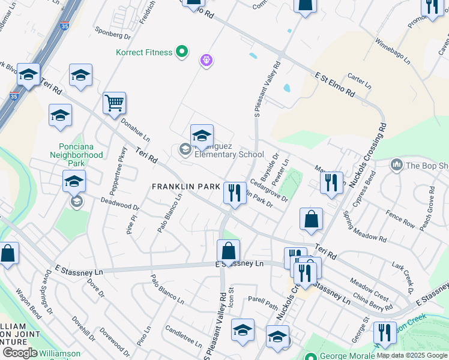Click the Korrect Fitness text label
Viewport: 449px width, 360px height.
click(144, 52)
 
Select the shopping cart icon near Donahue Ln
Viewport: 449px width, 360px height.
click(114, 103)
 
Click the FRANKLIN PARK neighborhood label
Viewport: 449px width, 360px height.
click(186, 187)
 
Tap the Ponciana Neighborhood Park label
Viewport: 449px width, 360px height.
click(81, 155)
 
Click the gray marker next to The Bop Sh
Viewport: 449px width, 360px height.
click(396, 164)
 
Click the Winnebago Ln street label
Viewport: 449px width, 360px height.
click(393, 52)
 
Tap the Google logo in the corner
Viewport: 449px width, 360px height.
click(20, 353)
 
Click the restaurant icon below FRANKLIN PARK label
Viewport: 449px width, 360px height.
click(235, 193)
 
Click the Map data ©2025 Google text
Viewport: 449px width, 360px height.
click(412, 355)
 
